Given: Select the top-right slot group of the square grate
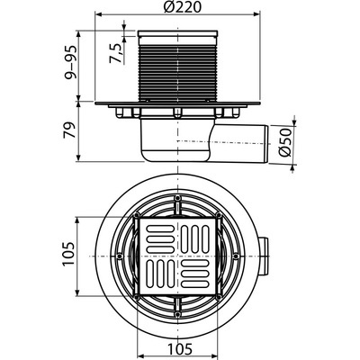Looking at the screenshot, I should (x=198, y=239).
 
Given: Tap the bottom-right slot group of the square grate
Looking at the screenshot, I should (x=198, y=274).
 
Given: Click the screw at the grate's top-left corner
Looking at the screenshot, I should (x=140, y=218).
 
